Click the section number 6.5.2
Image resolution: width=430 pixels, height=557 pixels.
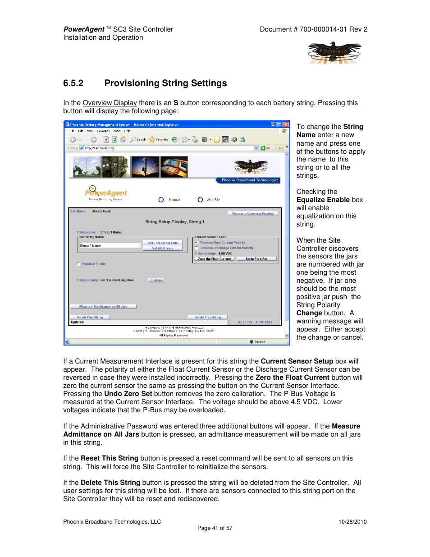(x=73, y=83)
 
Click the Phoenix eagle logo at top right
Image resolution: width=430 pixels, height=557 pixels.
(x=334, y=52)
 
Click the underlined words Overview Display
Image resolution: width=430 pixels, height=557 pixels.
(x=110, y=103)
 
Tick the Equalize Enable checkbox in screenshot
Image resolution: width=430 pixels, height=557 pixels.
(x=78, y=264)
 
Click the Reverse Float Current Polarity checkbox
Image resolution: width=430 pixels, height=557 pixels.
(x=197, y=243)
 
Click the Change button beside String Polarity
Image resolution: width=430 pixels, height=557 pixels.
(x=156, y=280)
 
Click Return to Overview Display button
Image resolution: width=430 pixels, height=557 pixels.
(x=252, y=213)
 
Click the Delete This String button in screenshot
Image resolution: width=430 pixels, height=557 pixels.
(x=207, y=317)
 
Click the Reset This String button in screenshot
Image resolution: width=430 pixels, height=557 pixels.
(x=90, y=317)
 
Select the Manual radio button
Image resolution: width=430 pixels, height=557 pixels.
(x=161, y=199)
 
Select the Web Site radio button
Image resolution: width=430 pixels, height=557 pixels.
(x=200, y=199)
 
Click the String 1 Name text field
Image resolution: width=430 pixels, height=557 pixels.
(x=109, y=245)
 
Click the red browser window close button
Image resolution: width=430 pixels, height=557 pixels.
(x=286, y=124)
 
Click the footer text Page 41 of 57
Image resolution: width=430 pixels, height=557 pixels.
(x=215, y=528)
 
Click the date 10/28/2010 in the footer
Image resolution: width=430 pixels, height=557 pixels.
(x=352, y=522)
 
